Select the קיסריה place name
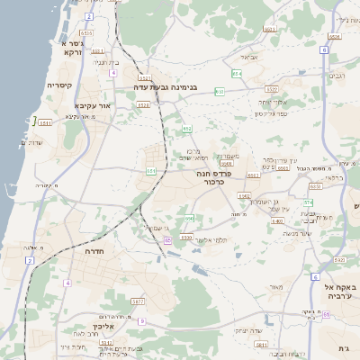pyautogui.click(x=65, y=85)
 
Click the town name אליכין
pyautogui.click(x=102, y=328)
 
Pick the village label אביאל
pyautogui.click(x=249, y=56)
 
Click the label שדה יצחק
pyautogui.click(x=248, y=329)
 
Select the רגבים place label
pyautogui.click(x=337, y=76)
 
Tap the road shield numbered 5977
pyautogui.click(x=138, y=301)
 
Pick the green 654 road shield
pyautogui.click(x=237, y=74)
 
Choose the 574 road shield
pyautogui.click(x=308, y=203)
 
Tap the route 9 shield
pyautogui.click(x=141, y=321)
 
